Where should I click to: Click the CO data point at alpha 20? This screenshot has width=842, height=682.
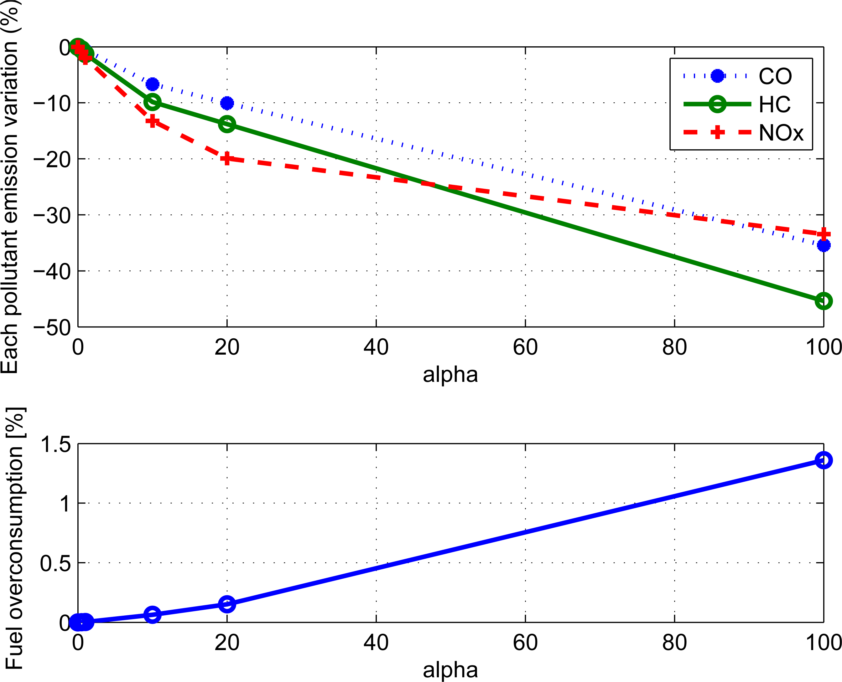tap(227, 103)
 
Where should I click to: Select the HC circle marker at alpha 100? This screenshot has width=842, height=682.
tap(823, 301)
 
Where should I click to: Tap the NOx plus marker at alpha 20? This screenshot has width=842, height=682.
tap(227, 158)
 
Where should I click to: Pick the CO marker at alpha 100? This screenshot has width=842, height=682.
tap(823, 245)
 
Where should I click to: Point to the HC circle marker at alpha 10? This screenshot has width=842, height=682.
tap(152, 102)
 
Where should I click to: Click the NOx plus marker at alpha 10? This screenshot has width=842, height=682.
tap(152, 121)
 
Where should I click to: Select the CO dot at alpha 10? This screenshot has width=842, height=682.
tap(152, 84)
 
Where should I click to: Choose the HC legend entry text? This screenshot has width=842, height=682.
tap(774, 105)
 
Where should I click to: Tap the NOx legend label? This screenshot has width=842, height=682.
tap(781, 133)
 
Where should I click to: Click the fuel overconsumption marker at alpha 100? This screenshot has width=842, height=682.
tap(823, 460)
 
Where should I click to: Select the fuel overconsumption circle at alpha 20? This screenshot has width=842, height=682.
tap(227, 604)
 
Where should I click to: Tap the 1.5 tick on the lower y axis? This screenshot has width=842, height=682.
tap(55, 444)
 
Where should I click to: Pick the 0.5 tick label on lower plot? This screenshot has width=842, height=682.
tap(55, 563)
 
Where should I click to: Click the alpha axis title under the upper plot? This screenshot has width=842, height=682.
tap(450, 374)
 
